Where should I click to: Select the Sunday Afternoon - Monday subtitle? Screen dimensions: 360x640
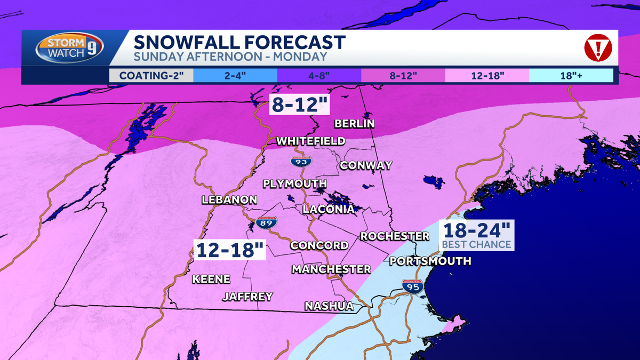click(230, 57)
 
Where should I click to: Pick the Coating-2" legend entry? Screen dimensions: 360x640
click(151, 75)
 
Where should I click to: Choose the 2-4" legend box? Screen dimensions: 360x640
click(235, 75)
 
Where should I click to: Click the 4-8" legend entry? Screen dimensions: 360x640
click(319, 75)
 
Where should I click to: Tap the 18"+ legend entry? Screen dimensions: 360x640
click(571, 75)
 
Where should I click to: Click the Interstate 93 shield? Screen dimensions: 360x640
click(301, 160)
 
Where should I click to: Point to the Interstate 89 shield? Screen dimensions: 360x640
click(266, 223)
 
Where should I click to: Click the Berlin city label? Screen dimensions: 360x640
click(354, 124)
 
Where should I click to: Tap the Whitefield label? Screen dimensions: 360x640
click(310, 141)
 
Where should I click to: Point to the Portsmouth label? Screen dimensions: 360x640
click(430, 261)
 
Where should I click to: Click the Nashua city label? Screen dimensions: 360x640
click(329, 306)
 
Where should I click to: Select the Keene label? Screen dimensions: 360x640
click(211, 279)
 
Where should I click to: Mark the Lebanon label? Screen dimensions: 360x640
click(229, 200)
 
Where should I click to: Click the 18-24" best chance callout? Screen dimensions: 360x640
click(476, 235)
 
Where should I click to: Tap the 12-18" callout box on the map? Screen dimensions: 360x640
click(230, 250)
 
